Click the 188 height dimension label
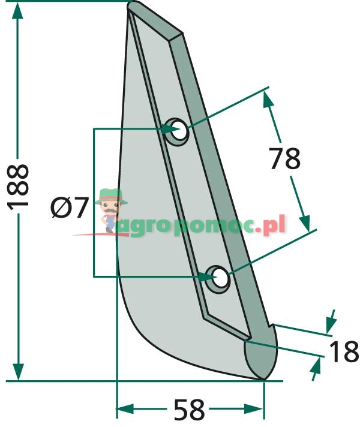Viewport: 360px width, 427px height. pos(19,186)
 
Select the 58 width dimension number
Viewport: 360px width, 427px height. pos(189,411)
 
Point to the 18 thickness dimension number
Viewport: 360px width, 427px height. pos(344,352)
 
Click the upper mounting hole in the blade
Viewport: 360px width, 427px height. pos(176,130)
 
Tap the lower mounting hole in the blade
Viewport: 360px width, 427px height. pos(220,278)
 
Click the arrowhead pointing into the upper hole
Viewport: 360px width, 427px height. pos(169,128)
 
